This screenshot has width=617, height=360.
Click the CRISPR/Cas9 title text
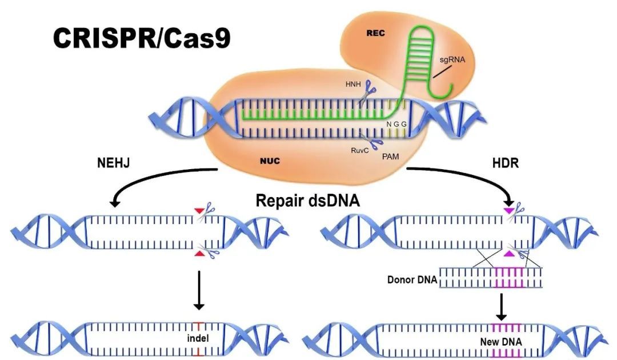coord(142,38)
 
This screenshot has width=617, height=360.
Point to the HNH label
coord(350,83)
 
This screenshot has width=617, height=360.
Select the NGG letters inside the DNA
coord(396,124)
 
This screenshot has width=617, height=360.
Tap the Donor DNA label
coord(411,280)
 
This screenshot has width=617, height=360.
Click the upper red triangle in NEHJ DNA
coord(198,211)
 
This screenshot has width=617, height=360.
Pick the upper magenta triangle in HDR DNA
coord(508,211)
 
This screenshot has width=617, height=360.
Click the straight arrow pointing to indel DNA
coord(198,291)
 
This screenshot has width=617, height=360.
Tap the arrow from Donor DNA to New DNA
coord(501,306)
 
